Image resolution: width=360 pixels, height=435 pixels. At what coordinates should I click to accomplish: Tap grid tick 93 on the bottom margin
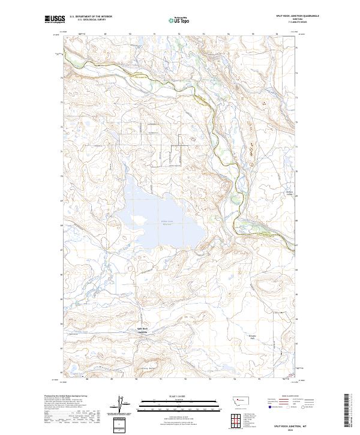(x=211, y=379)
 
